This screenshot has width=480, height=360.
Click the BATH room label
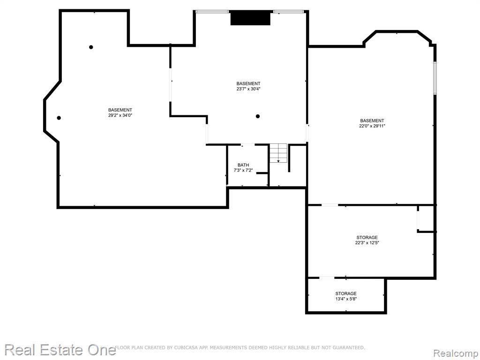(x=243, y=165)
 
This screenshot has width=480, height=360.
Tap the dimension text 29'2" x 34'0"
(x=120, y=115)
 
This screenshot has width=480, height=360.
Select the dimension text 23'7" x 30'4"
(x=248, y=89)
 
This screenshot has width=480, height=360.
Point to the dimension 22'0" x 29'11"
(x=372, y=126)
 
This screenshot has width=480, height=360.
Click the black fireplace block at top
(x=250, y=18)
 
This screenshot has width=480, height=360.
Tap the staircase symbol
(x=278, y=153)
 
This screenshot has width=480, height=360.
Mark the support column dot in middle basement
(x=258, y=116)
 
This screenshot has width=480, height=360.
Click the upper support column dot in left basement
(x=91, y=47)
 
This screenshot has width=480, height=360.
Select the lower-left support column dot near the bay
(x=59, y=118)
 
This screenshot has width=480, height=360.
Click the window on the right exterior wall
(x=435, y=78)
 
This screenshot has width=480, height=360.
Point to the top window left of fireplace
(x=212, y=12)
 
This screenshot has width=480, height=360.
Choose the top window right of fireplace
(x=289, y=12)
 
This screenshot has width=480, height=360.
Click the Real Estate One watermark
(x=60, y=350)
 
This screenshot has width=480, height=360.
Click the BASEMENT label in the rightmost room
(x=372, y=120)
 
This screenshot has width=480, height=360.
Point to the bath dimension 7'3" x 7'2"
(x=243, y=171)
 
